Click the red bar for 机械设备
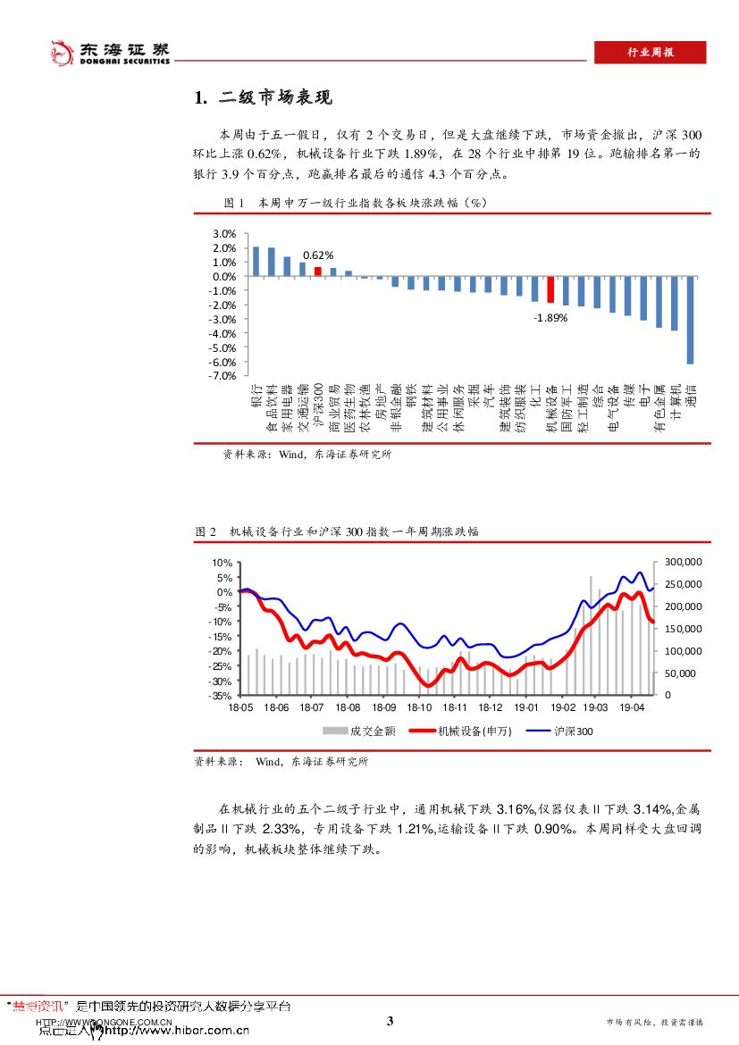pos(550,289)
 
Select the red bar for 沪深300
pos(317,272)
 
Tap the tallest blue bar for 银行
pos(256,261)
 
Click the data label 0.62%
pos(317,255)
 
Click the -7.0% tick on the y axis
pos(223,376)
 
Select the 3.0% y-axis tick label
pos(224,234)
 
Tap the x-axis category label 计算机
pos(675,403)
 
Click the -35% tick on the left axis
pos(222,695)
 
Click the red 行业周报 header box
pos(650,53)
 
